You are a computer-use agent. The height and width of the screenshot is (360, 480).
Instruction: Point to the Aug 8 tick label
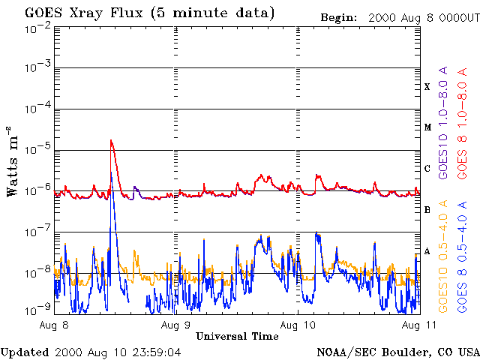(55, 325)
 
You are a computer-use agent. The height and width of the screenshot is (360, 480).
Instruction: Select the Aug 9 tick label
(175, 325)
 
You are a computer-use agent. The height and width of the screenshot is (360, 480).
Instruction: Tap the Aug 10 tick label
(298, 325)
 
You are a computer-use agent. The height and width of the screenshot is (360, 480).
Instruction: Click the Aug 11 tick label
(418, 325)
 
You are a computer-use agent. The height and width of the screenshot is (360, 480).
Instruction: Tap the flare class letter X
(427, 87)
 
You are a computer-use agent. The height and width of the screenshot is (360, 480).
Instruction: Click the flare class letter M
(427, 127)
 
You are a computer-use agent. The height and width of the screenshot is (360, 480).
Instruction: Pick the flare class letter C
(427, 169)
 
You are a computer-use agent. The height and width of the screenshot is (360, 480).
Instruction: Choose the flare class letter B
(427, 210)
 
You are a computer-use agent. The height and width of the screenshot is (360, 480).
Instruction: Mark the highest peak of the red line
(111, 140)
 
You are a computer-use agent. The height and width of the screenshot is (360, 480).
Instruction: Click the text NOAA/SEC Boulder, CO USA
(397, 352)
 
